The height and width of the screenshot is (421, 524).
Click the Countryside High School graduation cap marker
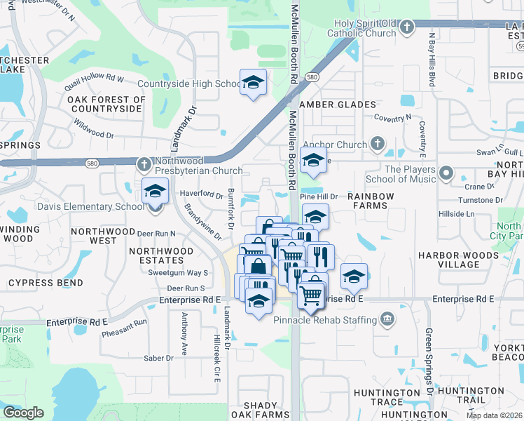[253, 81]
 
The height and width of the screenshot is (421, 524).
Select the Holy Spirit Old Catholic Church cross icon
[407, 27]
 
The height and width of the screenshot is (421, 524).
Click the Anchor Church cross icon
[377, 145]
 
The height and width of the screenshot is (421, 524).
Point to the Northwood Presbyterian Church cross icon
[144, 163]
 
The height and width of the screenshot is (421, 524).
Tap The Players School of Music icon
[446, 171]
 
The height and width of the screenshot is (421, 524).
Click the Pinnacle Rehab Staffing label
[325, 320]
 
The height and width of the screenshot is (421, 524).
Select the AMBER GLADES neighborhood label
[338, 105]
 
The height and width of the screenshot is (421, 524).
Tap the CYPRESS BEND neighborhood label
[46, 283]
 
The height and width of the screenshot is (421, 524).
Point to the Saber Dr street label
[158, 358]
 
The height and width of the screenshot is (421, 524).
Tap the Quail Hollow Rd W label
[93, 77]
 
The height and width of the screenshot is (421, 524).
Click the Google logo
[23, 413]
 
